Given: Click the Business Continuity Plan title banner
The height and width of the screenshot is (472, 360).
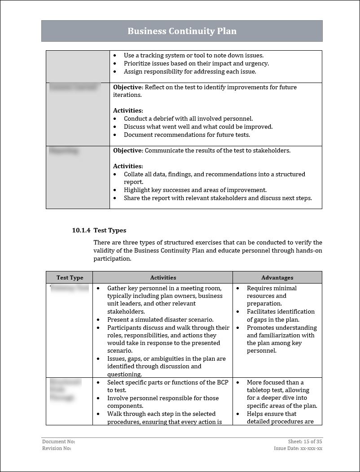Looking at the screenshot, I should [x=182, y=31].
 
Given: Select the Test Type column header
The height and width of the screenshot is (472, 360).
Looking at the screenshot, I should [x=70, y=278].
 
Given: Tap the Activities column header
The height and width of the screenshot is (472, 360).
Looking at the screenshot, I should [x=163, y=278].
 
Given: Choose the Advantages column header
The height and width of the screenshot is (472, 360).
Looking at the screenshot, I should [x=277, y=278].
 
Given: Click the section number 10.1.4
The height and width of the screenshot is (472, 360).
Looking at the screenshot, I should [x=81, y=230].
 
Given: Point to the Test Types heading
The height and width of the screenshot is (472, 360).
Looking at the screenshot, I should [x=110, y=230].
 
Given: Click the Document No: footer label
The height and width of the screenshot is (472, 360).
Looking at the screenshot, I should [x=56, y=441].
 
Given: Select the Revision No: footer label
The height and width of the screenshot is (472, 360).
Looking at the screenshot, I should [x=57, y=448].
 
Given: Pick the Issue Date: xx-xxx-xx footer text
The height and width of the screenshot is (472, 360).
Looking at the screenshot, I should [x=298, y=448].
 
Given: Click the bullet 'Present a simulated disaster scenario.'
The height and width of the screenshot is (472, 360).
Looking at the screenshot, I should [x=160, y=319].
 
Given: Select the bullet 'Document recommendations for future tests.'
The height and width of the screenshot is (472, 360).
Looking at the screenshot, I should [x=187, y=135].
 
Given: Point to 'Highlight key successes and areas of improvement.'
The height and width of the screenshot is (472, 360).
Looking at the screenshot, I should [x=195, y=190].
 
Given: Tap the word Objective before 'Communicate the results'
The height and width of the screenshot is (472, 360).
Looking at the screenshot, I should [x=127, y=150].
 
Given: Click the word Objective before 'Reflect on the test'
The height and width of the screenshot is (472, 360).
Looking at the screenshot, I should [x=127, y=87].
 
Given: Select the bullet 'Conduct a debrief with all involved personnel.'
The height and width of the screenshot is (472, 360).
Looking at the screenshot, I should [x=188, y=118].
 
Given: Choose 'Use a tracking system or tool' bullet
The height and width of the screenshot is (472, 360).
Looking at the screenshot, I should [x=193, y=55].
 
